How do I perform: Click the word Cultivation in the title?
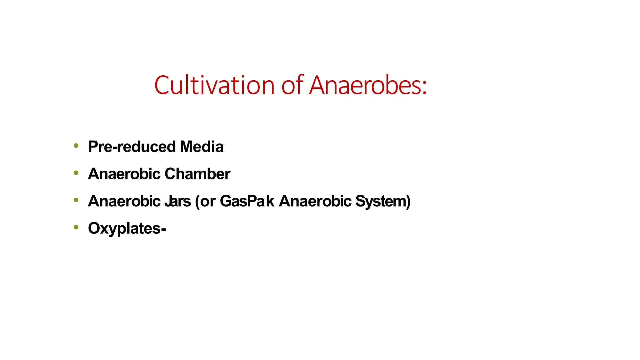(214, 85)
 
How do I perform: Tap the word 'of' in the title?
(292, 85)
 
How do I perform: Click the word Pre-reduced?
(132, 147)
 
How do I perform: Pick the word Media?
(202, 147)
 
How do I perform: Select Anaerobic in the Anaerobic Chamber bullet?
(124, 174)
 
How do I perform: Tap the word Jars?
(177, 201)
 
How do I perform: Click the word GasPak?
(247, 201)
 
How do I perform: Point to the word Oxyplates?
(124, 228)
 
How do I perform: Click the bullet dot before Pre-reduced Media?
(76, 145)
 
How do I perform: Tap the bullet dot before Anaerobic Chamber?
(76, 172)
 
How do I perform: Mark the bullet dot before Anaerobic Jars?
(76, 200)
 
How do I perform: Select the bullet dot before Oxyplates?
(76, 227)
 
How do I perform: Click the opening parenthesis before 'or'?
(197, 202)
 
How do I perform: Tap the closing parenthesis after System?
(408, 202)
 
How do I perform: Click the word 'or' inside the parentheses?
(207, 202)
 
